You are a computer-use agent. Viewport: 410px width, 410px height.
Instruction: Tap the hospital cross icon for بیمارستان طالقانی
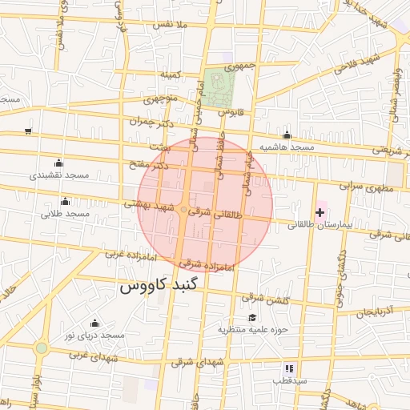[x=320, y=211]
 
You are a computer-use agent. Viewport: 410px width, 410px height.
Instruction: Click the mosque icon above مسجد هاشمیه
[x=287, y=135]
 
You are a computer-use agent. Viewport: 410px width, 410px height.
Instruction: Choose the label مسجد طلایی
[x=64, y=214]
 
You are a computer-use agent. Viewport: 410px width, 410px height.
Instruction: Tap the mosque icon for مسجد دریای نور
[x=94, y=323]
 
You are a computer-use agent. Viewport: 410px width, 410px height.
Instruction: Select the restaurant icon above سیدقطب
[x=288, y=368]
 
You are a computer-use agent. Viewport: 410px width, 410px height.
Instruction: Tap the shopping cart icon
[x=29, y=131]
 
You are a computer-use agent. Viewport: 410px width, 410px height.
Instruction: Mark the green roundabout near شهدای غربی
[x=41, y=348]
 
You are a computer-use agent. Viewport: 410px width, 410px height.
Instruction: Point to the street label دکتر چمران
[x=150, y=122]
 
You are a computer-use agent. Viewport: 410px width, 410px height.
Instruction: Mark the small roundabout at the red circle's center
[x=184, y=210]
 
